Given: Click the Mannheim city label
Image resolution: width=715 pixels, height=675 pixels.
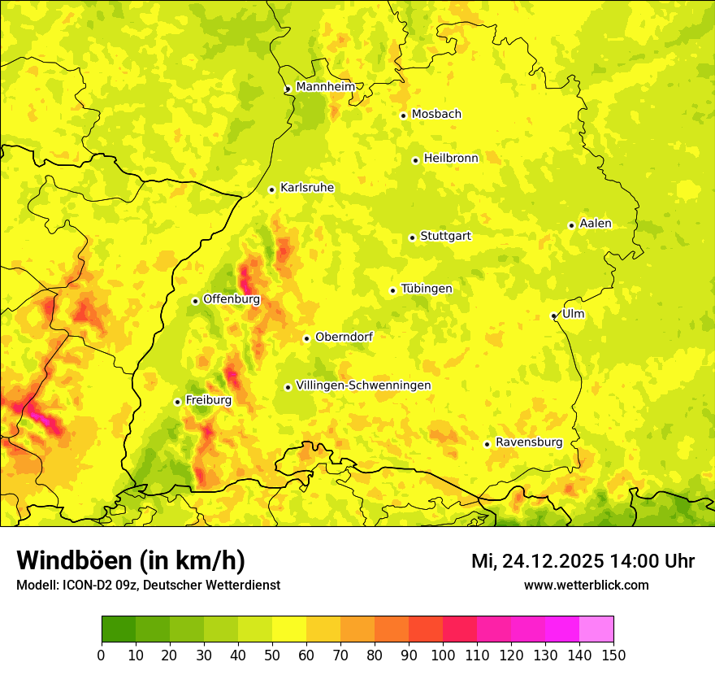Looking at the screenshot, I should [325, 87].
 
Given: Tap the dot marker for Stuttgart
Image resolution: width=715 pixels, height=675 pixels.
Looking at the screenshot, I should [412, 237].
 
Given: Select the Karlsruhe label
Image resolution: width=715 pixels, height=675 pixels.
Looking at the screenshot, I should [306, 188].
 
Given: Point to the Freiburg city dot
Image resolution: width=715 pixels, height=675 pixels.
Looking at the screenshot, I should [177, 402].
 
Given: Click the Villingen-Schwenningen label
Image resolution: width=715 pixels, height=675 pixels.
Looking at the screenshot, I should [363, 385].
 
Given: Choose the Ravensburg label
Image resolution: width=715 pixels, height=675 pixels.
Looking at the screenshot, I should [528, 442].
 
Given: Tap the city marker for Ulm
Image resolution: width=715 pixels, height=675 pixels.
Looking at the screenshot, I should [553, 316].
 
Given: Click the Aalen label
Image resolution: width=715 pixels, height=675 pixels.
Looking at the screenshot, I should [596, 224].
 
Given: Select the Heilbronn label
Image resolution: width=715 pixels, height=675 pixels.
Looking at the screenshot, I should [451, 159].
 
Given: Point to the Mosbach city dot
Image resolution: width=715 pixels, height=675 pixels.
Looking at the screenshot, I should [403, 115].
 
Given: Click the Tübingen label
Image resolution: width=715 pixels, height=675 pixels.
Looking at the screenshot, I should [426, 289].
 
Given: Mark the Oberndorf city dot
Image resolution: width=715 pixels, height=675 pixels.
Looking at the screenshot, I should [306, 338].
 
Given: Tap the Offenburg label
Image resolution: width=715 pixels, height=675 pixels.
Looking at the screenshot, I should [232, 299].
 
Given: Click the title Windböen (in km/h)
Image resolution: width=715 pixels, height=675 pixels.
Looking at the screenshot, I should [131, 560].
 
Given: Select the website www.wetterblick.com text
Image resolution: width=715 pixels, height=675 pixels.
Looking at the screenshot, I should [586, 585].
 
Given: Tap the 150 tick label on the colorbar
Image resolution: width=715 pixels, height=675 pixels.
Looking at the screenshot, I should [613, 655].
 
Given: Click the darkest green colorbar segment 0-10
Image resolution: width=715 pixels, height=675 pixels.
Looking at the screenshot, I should [119, 629].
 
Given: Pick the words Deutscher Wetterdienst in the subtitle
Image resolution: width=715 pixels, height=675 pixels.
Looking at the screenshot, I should [220, 585].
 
